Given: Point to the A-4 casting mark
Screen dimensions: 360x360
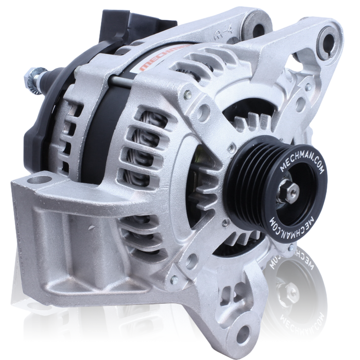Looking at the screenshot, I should pos(220,35).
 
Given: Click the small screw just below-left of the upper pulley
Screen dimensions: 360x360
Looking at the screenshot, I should pos(226,223).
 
